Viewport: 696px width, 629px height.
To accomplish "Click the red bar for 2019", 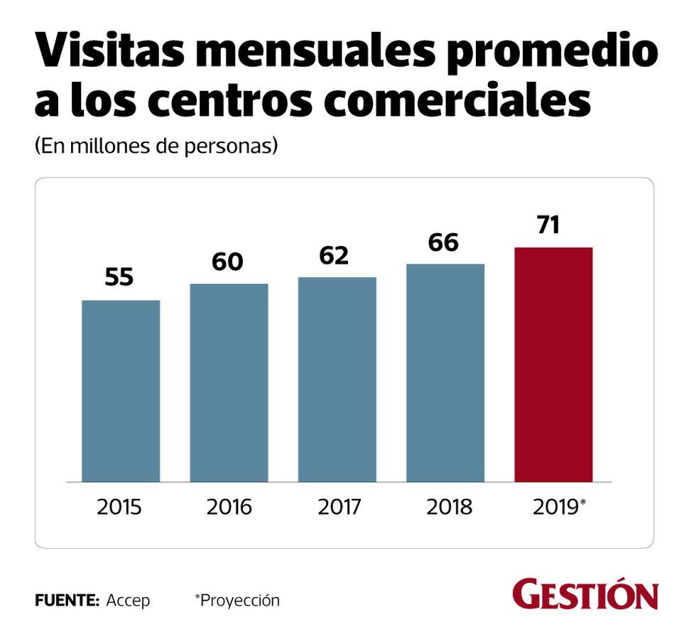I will coord(553,365).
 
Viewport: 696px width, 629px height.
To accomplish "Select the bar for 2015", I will coord(121,391).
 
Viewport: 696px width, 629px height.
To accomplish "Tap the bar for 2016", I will coord(229,382).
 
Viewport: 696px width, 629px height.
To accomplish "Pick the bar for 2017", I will coord(337,379).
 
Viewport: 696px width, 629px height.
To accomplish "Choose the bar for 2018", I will coord(445,372).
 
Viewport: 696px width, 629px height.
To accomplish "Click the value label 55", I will coord(119,277).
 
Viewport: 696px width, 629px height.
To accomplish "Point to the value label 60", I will coord(227,262).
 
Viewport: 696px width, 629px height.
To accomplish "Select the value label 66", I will coord(444,242).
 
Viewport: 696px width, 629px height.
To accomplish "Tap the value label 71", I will coord(549,225).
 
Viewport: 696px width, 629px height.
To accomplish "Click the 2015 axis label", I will coord(119,507).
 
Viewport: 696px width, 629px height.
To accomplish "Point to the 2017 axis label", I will coord(339,507).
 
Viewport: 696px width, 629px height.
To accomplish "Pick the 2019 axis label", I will coord(556,507).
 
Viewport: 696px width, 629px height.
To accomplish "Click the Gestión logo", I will coord(585,594).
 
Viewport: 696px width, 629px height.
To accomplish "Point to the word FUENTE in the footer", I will coord(67,600).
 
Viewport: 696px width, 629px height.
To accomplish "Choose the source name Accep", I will coord(128,601).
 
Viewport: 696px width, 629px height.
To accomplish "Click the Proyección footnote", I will coord(238,600).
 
